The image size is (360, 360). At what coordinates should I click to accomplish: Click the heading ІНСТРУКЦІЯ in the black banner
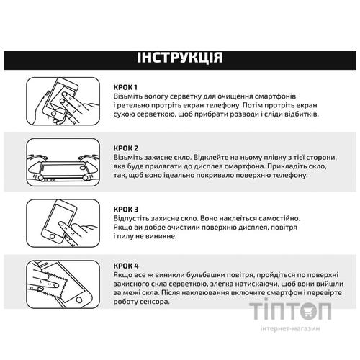tap(180, 58)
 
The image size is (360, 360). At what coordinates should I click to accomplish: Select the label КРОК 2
tap(127, 147)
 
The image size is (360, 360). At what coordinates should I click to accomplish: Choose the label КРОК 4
tap(127, 266)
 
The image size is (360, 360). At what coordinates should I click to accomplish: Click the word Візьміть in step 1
tap(130, 96)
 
